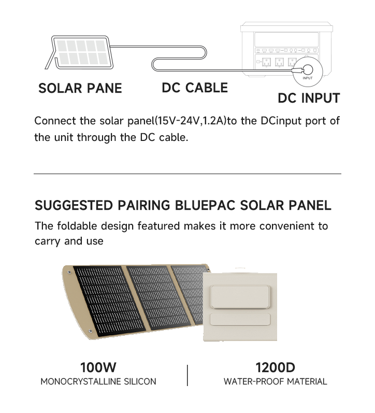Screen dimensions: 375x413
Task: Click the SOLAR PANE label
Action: pos(80,88)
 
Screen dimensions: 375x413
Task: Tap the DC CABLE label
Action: pos(195,88)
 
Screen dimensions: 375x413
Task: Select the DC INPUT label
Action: pos(309,98)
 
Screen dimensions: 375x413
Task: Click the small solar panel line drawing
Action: pos(80,52)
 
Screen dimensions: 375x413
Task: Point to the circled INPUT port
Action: pos(308,72)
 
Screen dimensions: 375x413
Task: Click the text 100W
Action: pos(98,367)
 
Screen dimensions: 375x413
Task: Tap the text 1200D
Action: pos(275,367)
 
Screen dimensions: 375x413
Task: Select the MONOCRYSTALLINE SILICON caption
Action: pos(98,381)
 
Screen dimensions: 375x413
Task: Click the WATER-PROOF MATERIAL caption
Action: pos(275,381)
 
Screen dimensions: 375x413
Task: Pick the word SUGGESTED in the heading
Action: pos(74,205)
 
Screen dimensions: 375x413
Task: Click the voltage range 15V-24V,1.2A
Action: pos(191,121)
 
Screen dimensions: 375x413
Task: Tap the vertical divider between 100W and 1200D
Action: pos(187,375)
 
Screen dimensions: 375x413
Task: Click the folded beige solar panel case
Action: pos(240,307)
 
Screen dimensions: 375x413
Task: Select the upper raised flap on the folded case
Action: pos(240,297)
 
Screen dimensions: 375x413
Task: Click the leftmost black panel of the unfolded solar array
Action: pos(109,301)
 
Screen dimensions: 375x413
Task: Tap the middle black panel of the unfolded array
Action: pos(158,297)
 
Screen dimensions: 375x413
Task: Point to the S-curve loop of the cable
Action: pos(179,58)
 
